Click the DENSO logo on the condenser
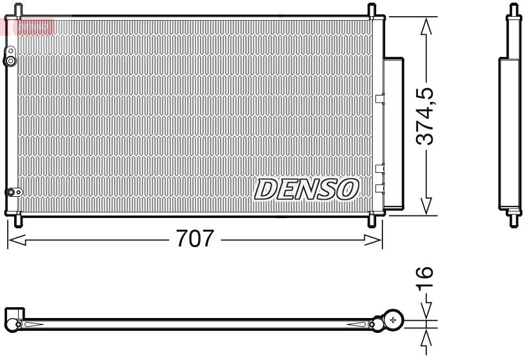point(307,189)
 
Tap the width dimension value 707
point(194,239)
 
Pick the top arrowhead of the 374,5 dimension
point(425,26)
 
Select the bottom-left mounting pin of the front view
point(18,220)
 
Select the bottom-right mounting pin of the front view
point(372,220)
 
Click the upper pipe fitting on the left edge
point(10,61)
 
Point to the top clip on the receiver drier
point(379,99)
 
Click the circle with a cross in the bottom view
point(393,320)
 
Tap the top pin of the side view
point(513,11)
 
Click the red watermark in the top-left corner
point(28,26)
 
